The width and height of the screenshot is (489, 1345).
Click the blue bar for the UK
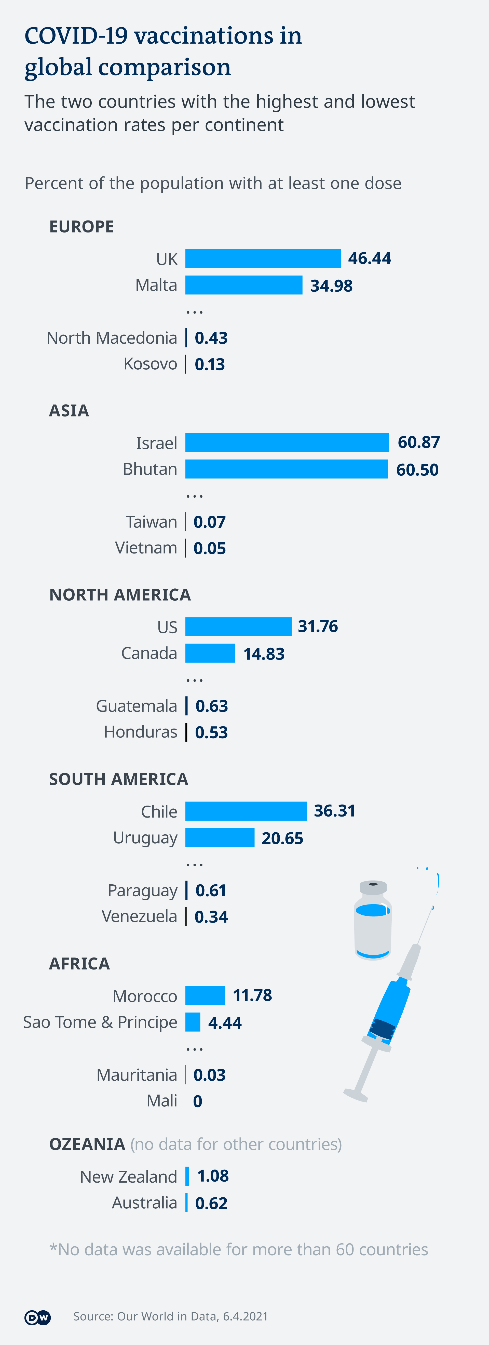(x=263, y=258)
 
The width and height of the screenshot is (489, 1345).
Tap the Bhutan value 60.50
(x=417, y=469)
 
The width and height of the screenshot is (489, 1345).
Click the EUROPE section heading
(x=81, y=227)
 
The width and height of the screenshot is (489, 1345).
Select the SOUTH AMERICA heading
(x=118, y=779)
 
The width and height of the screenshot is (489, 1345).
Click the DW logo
(x=38, y=1317)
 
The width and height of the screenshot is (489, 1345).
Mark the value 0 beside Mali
(x=197, y=1101)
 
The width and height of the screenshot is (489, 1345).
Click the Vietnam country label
(x=146, y=548)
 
